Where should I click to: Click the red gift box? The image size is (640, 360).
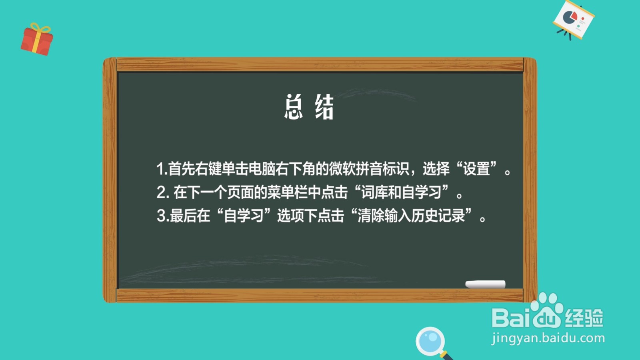click(37, 40)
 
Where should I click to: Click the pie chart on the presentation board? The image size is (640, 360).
click(570, 17)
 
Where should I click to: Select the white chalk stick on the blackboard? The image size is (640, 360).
click(485, 284)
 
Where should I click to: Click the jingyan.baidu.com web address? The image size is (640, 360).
click(548, 338)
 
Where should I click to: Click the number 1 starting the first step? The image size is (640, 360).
click(160, 168)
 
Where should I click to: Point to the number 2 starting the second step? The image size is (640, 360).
click(161, 192)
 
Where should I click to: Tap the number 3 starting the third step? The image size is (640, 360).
click(161, 216)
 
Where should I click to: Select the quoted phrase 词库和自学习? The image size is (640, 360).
click(402, 192)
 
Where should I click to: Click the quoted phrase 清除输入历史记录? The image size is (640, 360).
click(411, 216)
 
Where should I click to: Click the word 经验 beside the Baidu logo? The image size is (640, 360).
click(584, 318)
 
